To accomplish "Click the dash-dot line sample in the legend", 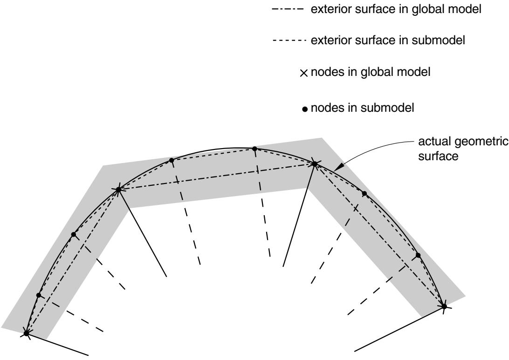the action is point(288,9).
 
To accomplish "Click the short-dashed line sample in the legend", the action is point(289,41).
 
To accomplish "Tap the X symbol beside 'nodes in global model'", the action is point(304,73).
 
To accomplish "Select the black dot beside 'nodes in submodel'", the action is point(304,109).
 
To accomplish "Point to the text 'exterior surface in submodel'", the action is point(388,40).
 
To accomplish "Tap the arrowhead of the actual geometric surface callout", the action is point(338,167).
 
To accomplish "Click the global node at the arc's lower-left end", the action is point(27,333).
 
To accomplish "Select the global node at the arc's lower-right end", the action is point(444,306).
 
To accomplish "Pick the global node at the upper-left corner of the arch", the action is point(118,189).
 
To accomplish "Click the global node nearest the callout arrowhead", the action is point(314,164).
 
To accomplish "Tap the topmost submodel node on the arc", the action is point(254,149).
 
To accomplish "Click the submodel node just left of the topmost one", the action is point(172,160).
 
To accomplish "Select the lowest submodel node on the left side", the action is point(39,295).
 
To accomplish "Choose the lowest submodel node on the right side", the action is point(418,255).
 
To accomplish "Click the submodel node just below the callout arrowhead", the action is point(364,194).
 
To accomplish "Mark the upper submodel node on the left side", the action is point(73,234).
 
